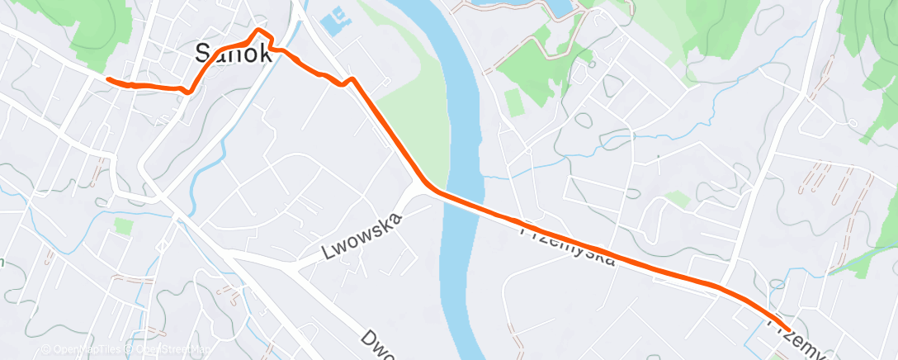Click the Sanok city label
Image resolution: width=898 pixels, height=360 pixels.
pos(232,54)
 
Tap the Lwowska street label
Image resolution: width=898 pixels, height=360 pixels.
pos(362,236)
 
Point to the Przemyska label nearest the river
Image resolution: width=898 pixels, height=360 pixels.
pos(567,244)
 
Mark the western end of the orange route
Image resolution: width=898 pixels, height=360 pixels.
pos(107,79)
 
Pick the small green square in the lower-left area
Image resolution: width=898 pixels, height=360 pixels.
pos(124,225)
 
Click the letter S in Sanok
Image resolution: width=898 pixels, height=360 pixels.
pos(203,54)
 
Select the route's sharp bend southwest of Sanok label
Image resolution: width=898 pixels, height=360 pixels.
pos(190,91)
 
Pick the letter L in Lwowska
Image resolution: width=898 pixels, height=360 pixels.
pos(328,253)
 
